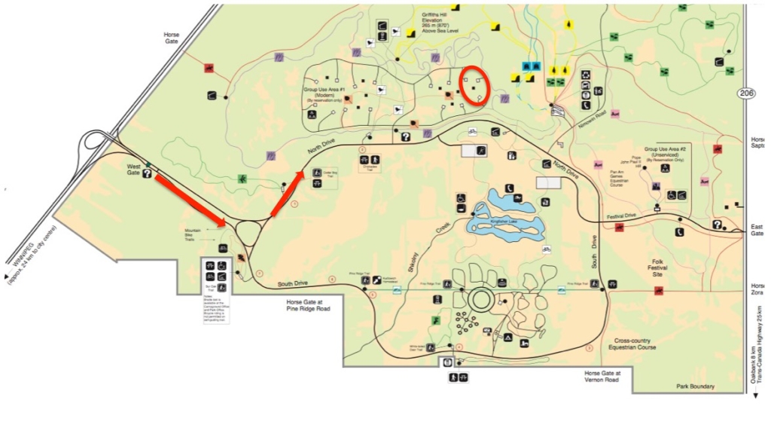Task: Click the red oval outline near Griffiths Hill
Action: coord(474,86)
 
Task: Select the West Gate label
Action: coord(135,170)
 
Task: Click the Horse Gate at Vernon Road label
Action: coord(602,376)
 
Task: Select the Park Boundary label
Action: coord(695,387)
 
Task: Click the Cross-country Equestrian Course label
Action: coord(632,344)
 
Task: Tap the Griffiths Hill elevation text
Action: coord(441,20)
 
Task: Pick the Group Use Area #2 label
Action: coord(663,154)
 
